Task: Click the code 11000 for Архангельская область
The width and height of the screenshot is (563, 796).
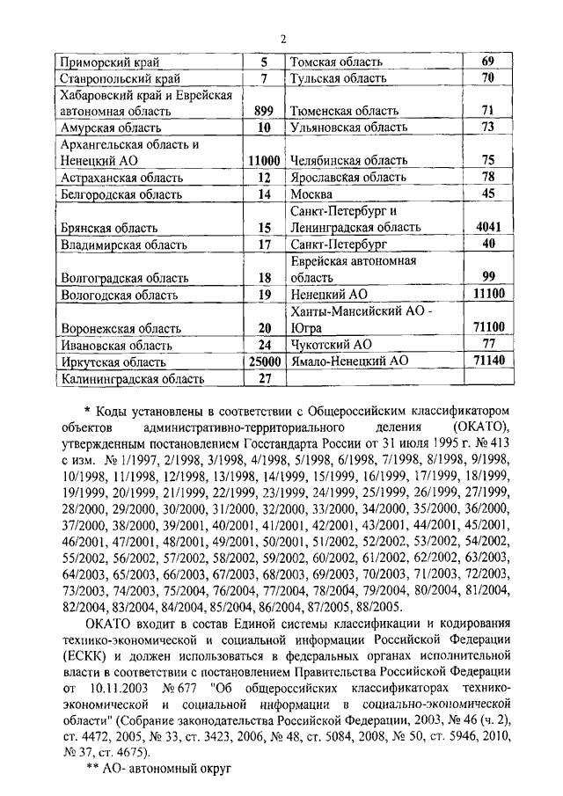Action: point(263,161)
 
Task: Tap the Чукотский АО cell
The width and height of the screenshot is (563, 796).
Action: point(329,345)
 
